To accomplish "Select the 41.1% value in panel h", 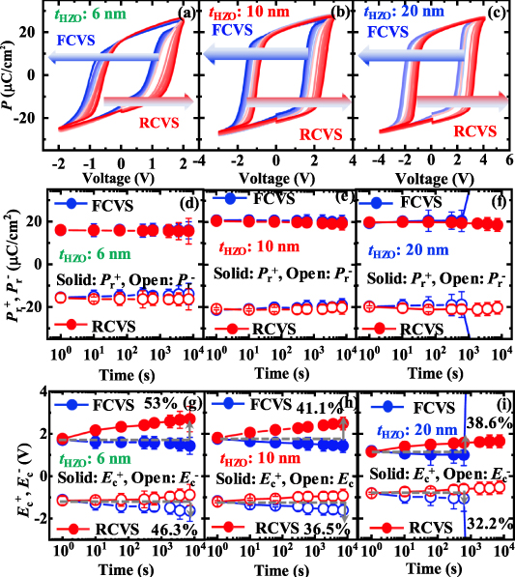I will [x=315, y=404].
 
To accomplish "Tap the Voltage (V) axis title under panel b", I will [x=276, y=179].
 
